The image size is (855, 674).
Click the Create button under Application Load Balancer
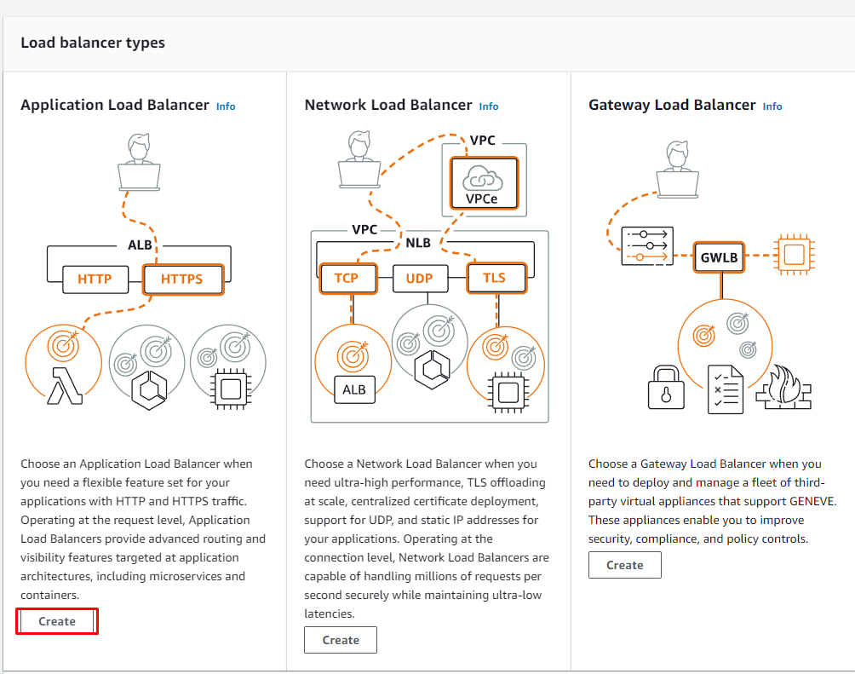57,621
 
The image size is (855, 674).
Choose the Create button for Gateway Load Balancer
624,565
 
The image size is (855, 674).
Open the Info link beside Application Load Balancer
226,107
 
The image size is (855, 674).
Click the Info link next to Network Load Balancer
489,107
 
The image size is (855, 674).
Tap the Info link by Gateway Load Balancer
772,107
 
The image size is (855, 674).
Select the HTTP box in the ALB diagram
95,279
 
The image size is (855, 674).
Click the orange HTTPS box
183,279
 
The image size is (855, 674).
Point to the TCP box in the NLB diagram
347,278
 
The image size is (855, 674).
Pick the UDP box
419,278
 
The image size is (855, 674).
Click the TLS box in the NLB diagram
494,278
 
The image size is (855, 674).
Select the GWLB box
720,256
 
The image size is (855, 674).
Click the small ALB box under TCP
353,389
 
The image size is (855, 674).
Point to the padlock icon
666,389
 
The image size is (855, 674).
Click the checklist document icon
726,389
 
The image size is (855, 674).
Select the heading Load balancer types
93,43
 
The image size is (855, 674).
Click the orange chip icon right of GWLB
794,254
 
